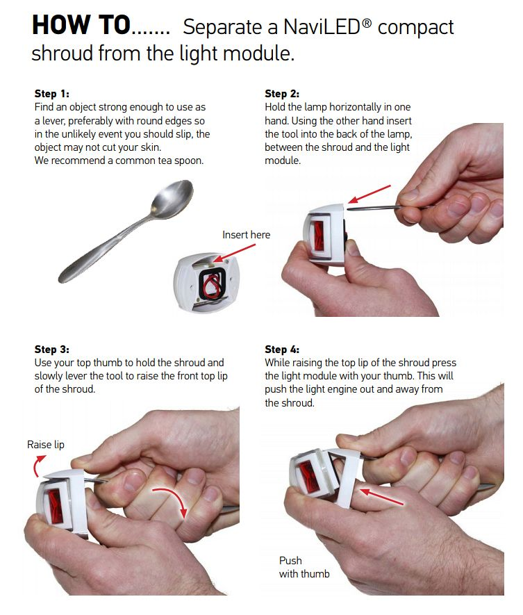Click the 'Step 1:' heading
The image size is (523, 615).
(x=52, y=94)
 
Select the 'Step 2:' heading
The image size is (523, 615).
(x=282, y=94)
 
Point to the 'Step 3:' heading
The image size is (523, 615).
(x=52, y=349)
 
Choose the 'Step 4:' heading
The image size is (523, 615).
(x=282, y=349)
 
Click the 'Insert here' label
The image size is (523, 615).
(x=246, y=235)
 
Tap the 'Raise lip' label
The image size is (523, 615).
(x=45, y=444)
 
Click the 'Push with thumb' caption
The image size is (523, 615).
(x=304, y=567)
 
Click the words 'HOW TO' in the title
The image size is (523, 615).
(x=81, y=25)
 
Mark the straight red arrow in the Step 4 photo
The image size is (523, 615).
(x=381, y=496)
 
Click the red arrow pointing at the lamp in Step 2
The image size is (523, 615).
(x=369, y=194)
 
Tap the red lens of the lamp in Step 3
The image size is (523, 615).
(x=56, y=507)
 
